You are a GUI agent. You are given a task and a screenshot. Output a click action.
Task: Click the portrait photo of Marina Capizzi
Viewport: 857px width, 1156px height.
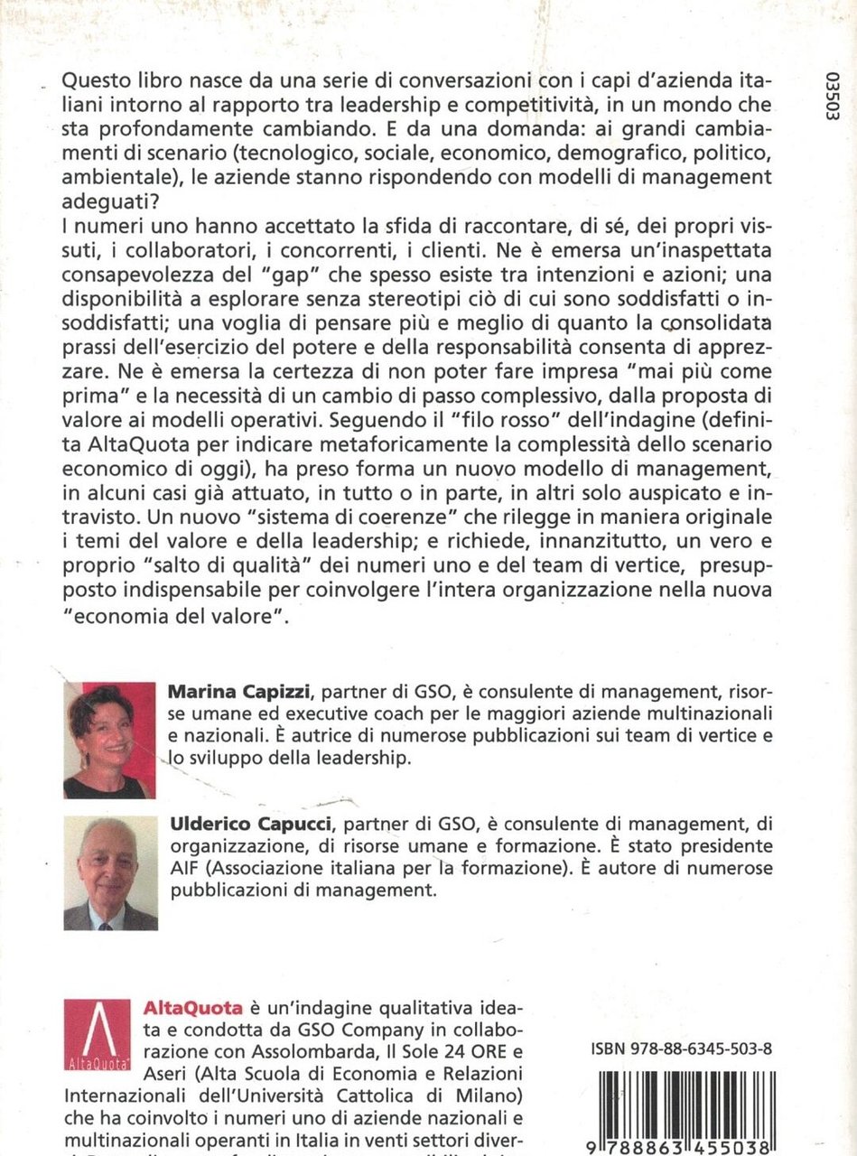pyautogui.click(x=109, y=740)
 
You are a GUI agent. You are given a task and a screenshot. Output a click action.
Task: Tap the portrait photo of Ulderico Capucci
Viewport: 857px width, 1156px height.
pyautogui.click(x=110, y=873)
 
